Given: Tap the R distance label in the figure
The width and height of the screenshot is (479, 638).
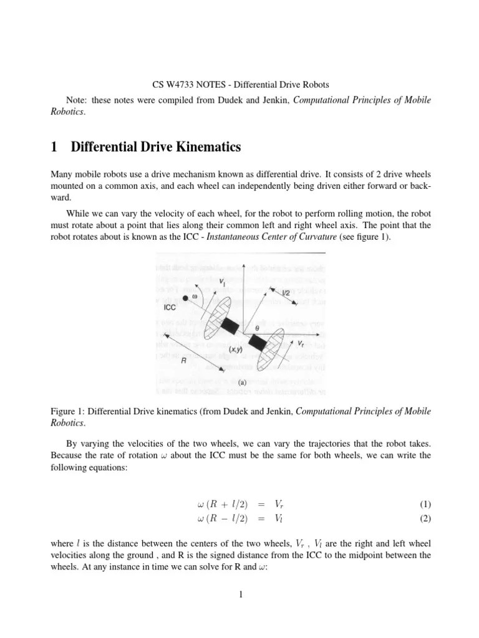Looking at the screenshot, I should pos(183,360).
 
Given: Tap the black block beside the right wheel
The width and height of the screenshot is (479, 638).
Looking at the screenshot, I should pos(256,341).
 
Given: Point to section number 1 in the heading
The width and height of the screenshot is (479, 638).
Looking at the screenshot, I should pos(54,148).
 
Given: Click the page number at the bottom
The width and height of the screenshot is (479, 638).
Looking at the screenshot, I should pos(239,595).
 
